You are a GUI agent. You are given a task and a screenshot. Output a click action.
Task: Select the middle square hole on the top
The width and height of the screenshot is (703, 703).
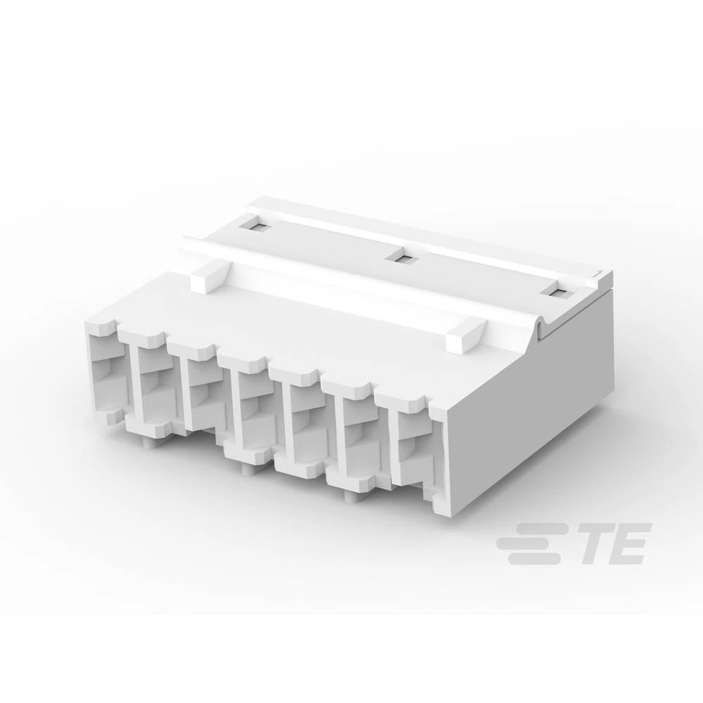point(404,259)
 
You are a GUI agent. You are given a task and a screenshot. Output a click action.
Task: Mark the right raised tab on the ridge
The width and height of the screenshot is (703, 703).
point(465,333)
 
